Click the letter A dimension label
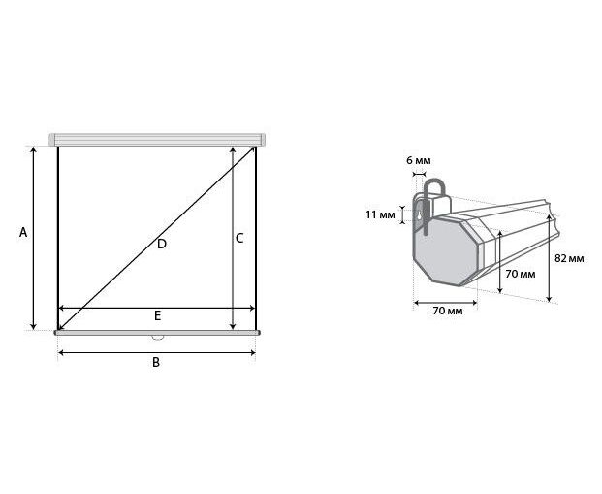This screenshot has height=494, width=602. coord(23,233)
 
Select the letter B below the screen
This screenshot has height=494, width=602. coord(156,362)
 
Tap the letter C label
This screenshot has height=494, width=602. coord(239,239)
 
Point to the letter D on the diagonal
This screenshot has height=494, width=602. coord(162,244)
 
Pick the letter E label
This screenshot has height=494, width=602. coord(157,315)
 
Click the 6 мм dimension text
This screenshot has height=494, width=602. coord(419,160)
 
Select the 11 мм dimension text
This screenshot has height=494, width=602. coord(380,214)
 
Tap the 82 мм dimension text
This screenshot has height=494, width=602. coord(569,258)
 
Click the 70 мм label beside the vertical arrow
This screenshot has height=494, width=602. coord(521,274)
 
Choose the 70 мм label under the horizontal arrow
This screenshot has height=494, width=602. coord(448,311)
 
